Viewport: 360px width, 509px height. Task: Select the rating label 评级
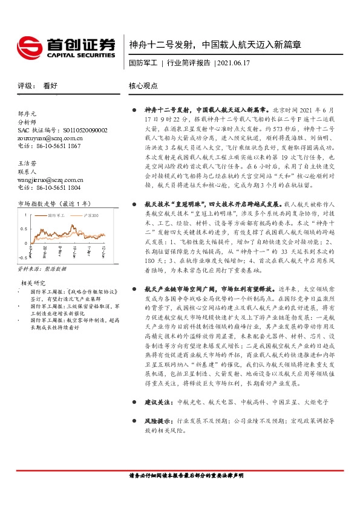25,86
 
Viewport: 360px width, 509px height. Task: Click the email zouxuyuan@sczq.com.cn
50,138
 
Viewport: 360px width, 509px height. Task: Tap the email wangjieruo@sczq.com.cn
51,180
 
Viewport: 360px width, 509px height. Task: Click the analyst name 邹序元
28,114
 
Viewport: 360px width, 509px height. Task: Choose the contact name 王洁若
28,163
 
